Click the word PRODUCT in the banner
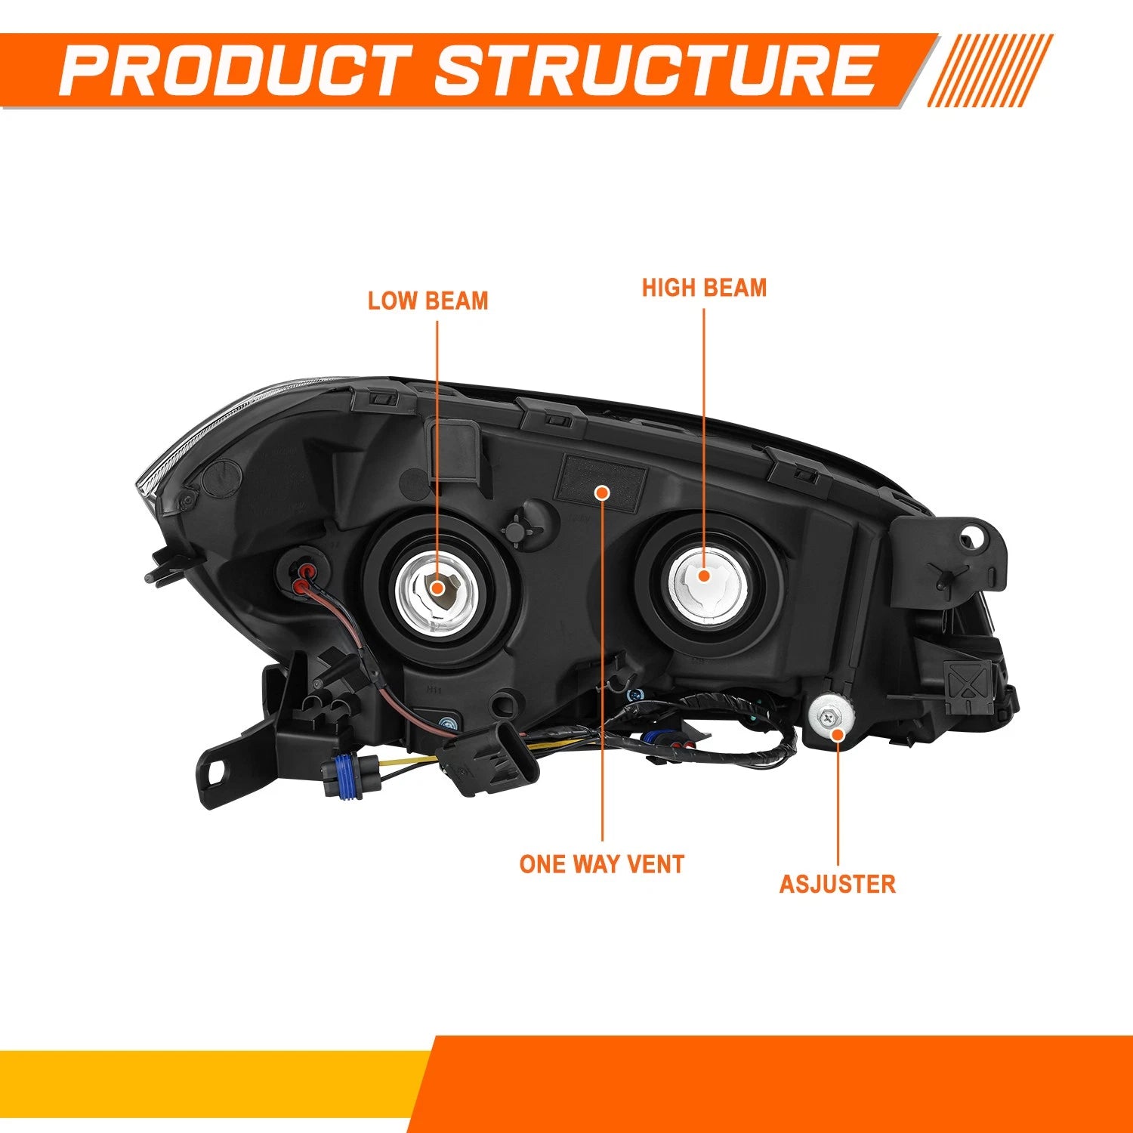click(x=236, y=70)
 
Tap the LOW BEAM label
click(x=428, y=301)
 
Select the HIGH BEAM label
click(x=704, y=288)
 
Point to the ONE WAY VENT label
click(x=602, y=864)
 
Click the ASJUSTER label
click(x=838, y=884)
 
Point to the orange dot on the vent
click(x=602, y=493)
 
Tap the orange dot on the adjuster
click(x=838, y=733)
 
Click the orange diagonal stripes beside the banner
click(x=989, y=70)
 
